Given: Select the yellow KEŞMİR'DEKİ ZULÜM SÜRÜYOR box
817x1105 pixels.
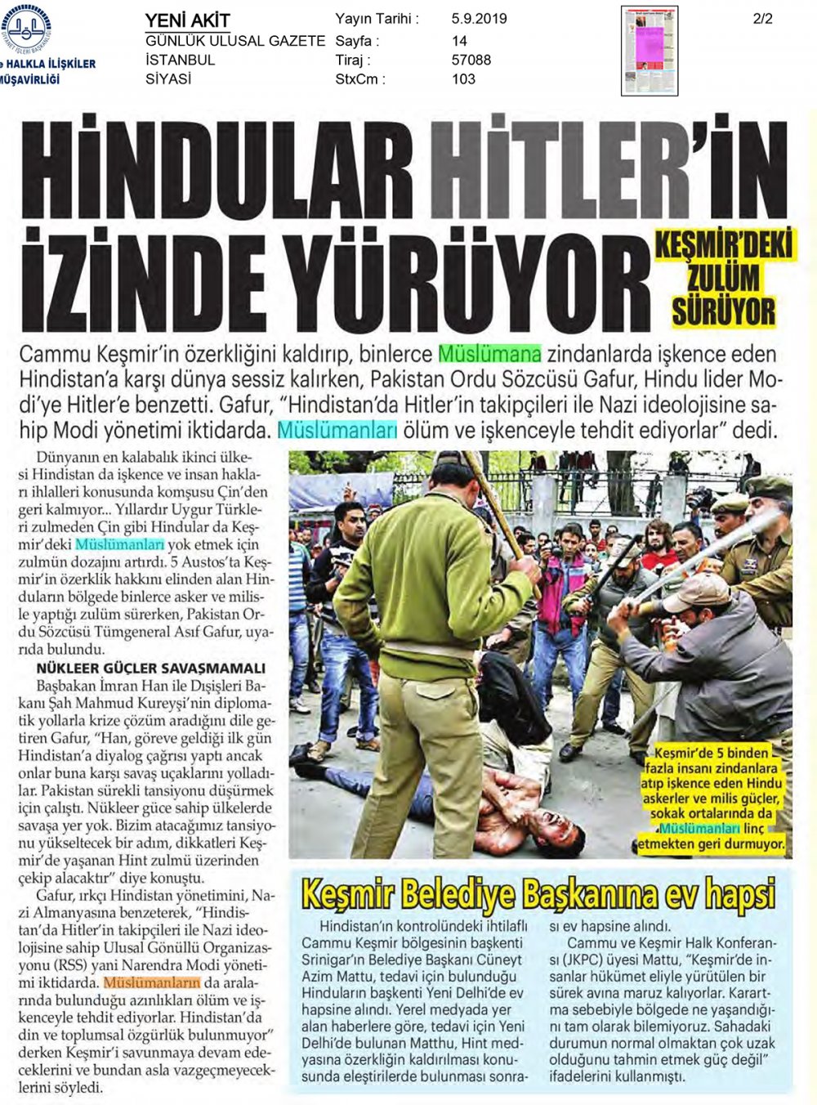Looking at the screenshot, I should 723,278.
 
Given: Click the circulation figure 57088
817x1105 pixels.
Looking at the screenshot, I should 471,60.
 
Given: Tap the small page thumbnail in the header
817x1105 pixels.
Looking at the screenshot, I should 650,51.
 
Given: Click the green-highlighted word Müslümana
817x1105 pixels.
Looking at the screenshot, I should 490,355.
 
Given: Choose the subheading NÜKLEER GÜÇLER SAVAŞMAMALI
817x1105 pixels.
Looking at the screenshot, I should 151,668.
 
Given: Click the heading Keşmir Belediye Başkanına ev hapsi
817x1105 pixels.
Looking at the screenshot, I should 538,894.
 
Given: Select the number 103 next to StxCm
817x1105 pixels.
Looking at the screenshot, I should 463,79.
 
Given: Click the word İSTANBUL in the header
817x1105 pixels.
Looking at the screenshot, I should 180,60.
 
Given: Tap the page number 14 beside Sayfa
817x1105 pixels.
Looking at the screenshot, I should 459,40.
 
